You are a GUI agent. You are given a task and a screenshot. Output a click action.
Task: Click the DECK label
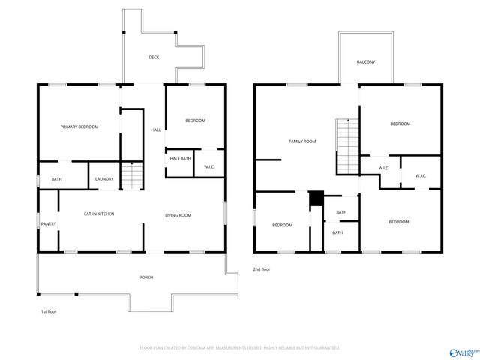click(x=154, y=58)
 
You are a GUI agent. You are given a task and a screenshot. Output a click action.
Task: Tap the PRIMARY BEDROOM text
click(x=79, y=127)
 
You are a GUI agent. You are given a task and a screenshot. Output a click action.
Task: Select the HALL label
click(x=156, y=130)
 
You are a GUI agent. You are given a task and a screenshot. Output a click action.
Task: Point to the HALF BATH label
click(x=180, y=158)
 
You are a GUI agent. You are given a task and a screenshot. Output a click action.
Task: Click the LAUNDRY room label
click(x=103, y=179)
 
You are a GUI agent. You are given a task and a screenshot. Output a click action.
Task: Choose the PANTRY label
click(x=49, y=223)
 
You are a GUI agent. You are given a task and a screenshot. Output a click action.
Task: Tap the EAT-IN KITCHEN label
click(x=99, y=214)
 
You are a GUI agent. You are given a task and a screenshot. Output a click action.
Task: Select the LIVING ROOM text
click(x=178, y=215)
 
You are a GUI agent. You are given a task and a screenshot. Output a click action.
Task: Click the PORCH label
click(x=146, y=277)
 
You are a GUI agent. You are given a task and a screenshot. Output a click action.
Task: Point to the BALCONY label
click(x=366, y=61)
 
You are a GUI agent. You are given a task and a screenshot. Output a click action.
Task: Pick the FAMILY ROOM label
click(x=303, y=141)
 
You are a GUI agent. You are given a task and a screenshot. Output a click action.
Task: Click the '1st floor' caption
click(x=48, y=311)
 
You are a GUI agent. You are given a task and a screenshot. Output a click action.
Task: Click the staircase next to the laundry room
click(x=132, y=176)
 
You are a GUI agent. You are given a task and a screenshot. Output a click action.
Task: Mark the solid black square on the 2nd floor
click(x=316, y=199)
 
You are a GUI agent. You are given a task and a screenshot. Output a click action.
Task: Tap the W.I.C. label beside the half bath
click(x=209, y=167)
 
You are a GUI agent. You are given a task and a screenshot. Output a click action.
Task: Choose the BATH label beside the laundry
click(x=57, y=179)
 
